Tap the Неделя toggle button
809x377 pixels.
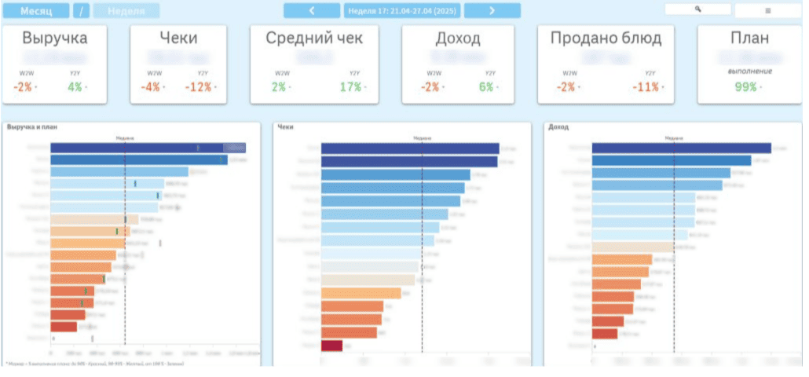[x=126, y=11]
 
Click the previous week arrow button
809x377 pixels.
[x=312, y=10]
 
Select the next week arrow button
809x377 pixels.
[x=492, y=10]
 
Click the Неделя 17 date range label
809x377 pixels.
[x=401, y=10]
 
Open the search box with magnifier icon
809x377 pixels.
[x=697, y=9]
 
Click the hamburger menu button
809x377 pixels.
[x=767, y=10]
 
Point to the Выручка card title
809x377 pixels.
[x=55, y=38]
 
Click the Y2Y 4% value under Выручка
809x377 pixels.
[x=75, y=87]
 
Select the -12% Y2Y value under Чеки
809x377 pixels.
[x=198, y=87]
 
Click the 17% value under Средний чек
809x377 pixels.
[x=350, y=87]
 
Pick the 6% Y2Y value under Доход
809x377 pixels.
[x=486, y=87]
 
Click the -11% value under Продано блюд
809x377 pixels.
[x=646, y=87]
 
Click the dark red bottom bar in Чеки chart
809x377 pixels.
[x=331, y=345]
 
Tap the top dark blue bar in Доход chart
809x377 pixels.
[x=681, y=148]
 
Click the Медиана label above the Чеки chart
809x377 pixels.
[x=422, y=137]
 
